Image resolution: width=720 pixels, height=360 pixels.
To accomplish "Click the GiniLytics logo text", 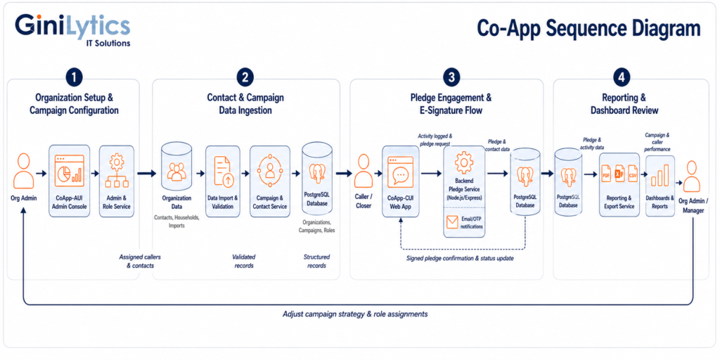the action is pyautogui.click(x=72, y=25).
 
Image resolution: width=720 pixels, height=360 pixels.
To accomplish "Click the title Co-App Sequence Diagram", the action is pyautogui.click(x=589, y=28).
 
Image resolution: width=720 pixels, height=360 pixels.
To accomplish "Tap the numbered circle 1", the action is pyautogui.click(x=74, y=77).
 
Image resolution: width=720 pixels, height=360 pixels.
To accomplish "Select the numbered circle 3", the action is pyautogui.click(x=451, y=77).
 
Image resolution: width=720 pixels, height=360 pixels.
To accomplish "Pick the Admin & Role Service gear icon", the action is pyautogui.click(x=117, y=163).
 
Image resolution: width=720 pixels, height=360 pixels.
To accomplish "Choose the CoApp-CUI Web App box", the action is pyautogui.click(x=401, y=181).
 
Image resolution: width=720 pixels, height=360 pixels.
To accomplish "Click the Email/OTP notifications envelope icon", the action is pyautogui.click(x=453, y=223).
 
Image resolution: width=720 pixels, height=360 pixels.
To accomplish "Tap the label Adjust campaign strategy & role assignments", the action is pyautogui.click(x=355, y=314).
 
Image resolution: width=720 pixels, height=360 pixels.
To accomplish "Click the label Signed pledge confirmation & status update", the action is pyautogui.click(x=460, y=258).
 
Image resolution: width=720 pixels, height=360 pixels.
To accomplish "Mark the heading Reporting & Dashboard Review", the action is pyautogui.click(x=624, y=104).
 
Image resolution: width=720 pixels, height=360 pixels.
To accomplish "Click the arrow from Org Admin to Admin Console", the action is pyautogui.click(x=41, y=174).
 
